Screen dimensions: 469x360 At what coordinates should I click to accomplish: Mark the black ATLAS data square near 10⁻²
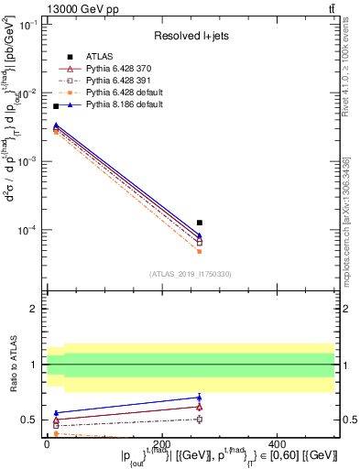[x=55, y=106]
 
